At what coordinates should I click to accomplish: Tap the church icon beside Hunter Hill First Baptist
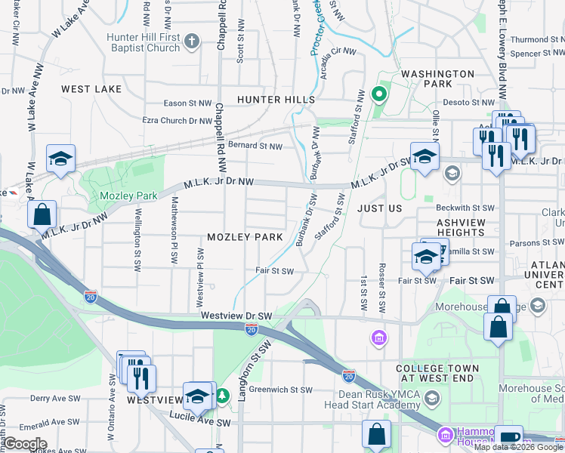[192, 41]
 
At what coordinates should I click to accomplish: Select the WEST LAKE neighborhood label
[91, 89]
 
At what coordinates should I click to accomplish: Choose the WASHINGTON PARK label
[437, 74]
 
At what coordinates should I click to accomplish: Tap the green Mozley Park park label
[128, 196]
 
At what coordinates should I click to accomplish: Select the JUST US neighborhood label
[379, 208]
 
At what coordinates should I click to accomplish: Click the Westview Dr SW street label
[236, 315]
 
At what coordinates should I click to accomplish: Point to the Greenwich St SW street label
[280, 390]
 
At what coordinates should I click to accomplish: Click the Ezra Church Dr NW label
[178, 120]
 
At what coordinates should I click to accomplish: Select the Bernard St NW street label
[255, 146]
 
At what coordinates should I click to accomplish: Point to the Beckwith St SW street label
[465, 207]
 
